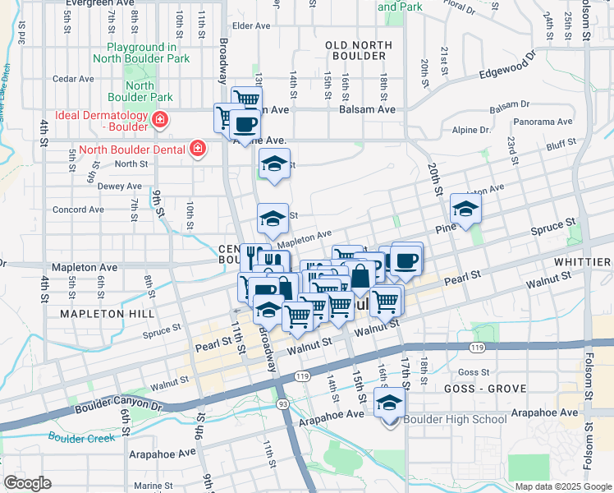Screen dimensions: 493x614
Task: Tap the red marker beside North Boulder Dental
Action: (197, 148)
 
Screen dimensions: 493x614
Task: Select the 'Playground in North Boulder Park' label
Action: (148, 53)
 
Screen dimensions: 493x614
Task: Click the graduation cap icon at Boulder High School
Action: (390, 402)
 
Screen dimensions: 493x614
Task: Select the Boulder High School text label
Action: (456, 420)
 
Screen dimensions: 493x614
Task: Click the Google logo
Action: (28, 482)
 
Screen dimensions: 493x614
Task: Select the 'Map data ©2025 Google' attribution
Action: (562, 486)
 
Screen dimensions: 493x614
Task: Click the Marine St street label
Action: (153, 486)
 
